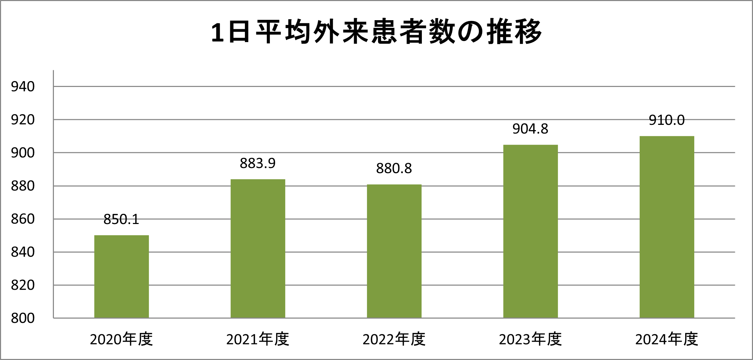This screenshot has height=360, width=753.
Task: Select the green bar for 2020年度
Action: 121,277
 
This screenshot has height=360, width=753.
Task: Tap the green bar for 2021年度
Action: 258,248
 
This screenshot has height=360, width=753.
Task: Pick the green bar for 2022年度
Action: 394,251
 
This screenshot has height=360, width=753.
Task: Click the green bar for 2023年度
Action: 530,231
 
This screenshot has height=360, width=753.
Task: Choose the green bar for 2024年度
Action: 667,227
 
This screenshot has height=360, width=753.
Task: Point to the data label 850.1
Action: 121,219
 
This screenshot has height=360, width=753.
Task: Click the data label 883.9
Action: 258,163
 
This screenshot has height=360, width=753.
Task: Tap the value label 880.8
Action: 394,168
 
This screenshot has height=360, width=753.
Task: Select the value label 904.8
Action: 530,129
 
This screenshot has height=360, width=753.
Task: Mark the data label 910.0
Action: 667,120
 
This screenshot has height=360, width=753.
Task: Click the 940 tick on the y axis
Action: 23,87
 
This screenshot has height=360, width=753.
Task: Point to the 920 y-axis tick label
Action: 23,120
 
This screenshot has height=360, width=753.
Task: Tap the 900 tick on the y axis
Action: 23,153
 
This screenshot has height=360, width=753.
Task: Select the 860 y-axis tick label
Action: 23,219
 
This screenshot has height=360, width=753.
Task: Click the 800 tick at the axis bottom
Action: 23,318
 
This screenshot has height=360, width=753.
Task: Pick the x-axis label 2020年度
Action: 121,339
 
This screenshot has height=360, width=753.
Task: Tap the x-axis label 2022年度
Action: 394,339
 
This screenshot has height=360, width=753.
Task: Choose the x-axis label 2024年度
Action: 667,339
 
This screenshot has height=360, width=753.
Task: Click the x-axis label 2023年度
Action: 530,339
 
